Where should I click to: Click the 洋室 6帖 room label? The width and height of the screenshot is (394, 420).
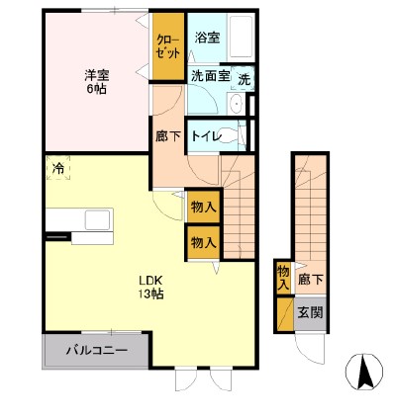pyautogui.click(x=95, y=81)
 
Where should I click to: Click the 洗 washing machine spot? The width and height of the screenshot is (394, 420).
pyautogui.click(x=244, y=79)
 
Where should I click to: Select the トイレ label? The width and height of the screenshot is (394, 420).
pyautogui.click(x=205, y=136)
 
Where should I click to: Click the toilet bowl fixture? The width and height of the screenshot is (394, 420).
pyautogui.click(x=235, y=135)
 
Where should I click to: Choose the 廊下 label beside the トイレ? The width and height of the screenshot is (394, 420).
pyautogui.click(x=167, y=136)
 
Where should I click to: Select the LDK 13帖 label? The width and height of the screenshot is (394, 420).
pyautogui.click(x=150, y=286)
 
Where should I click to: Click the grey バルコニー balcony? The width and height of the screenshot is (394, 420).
pyautogui.click(x=96, y=350)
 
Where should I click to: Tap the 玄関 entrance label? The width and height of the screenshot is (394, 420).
pyautogui.click(x=313, y=315)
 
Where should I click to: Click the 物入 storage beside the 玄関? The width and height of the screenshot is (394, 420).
pyautogui.click(x=283, y=276)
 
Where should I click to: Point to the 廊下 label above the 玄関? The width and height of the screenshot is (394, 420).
pyautogui.click(x=313, y=280)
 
